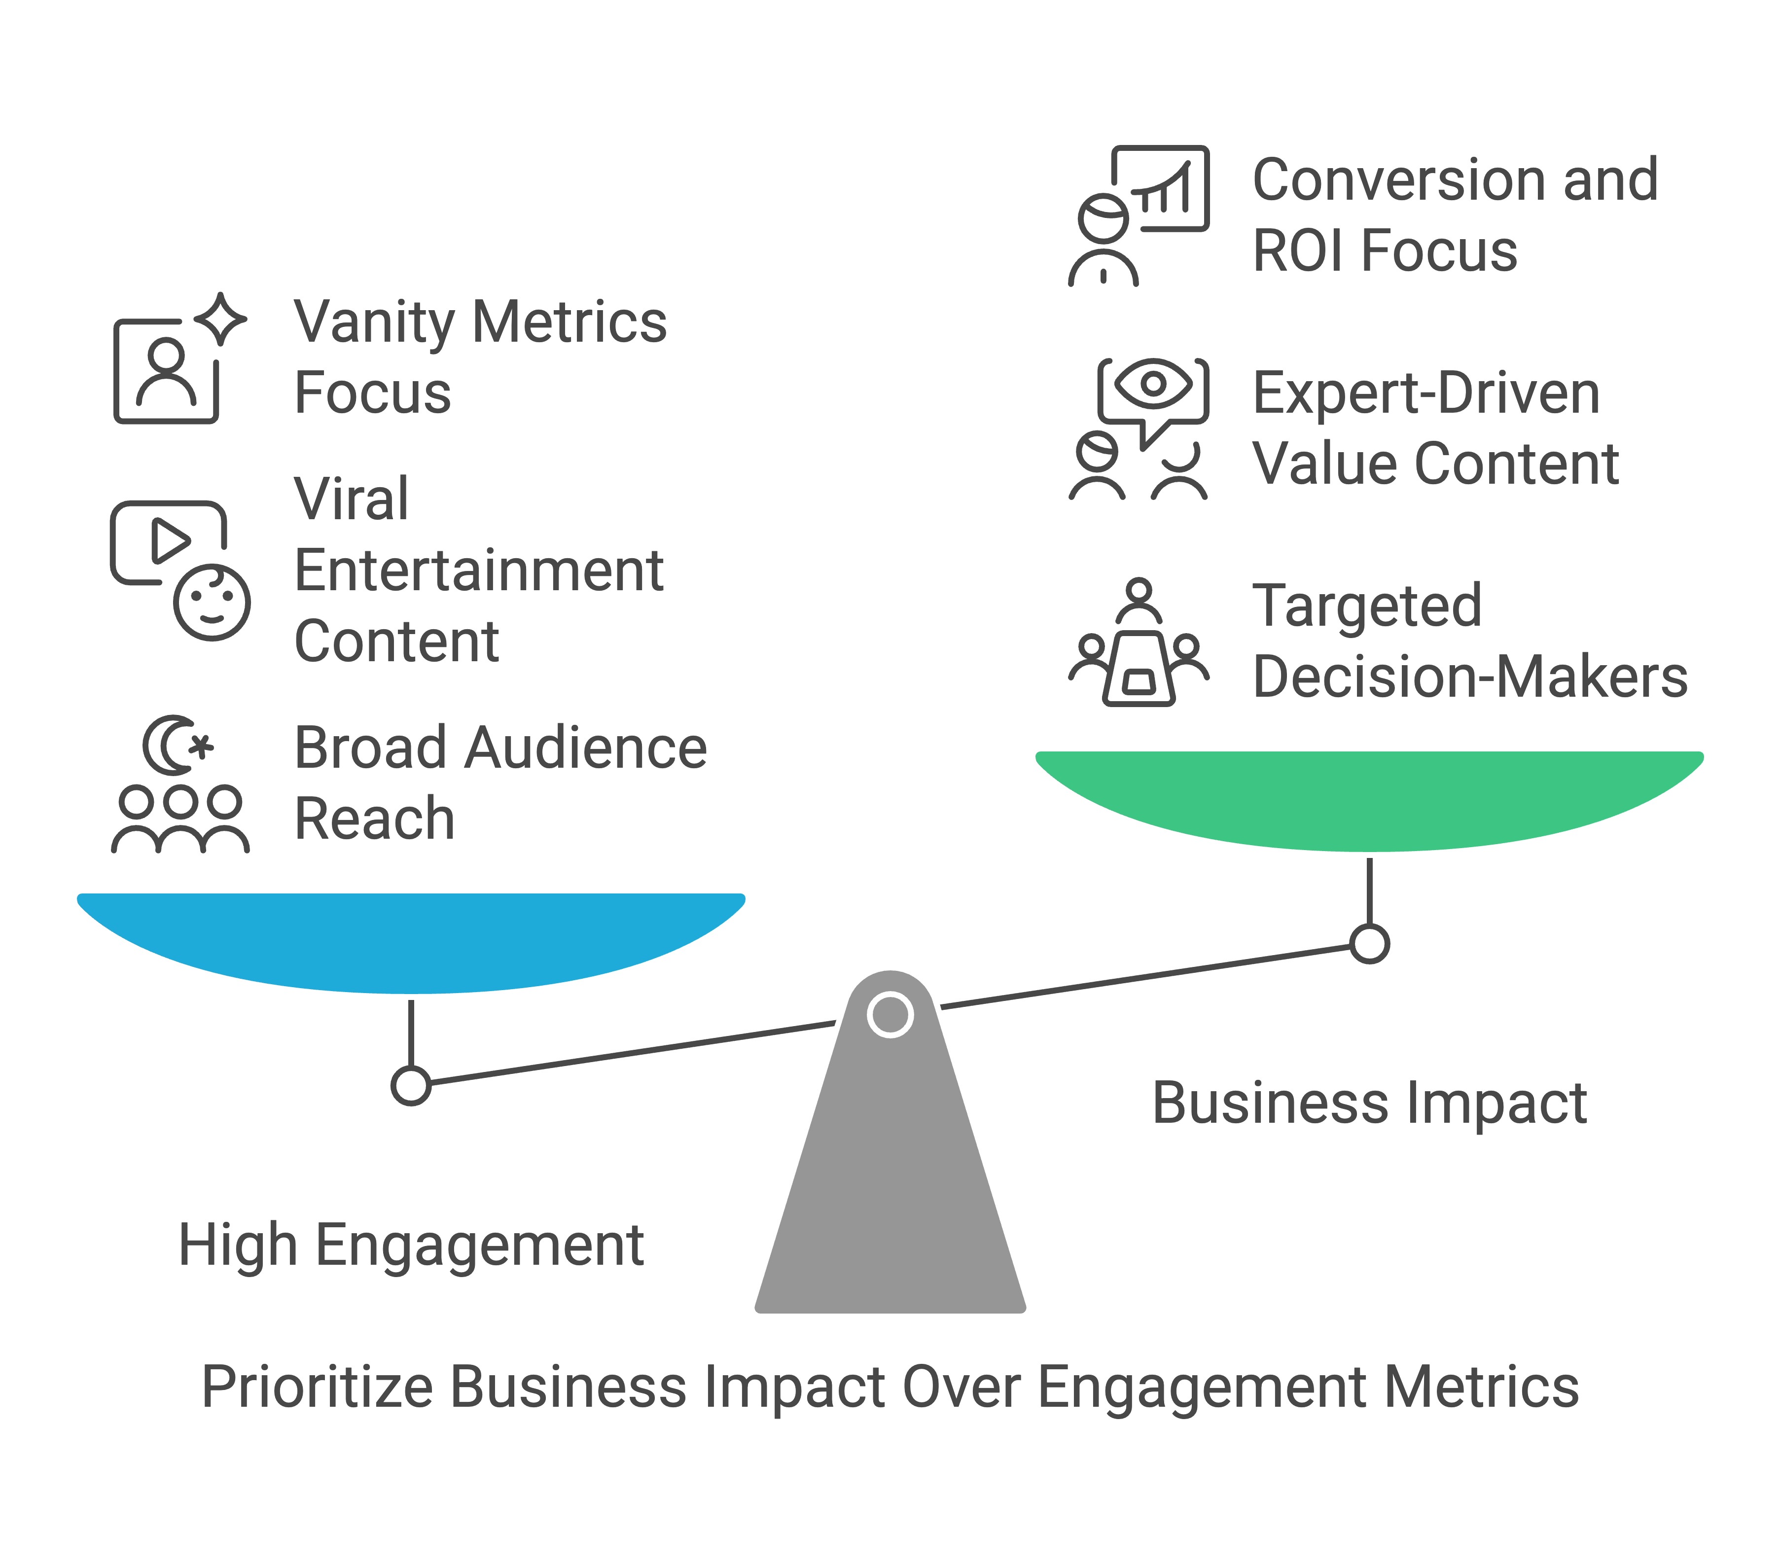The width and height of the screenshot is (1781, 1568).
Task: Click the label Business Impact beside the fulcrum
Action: click(1370, 1103)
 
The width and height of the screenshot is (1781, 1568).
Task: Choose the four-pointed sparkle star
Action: click(220, 319)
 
